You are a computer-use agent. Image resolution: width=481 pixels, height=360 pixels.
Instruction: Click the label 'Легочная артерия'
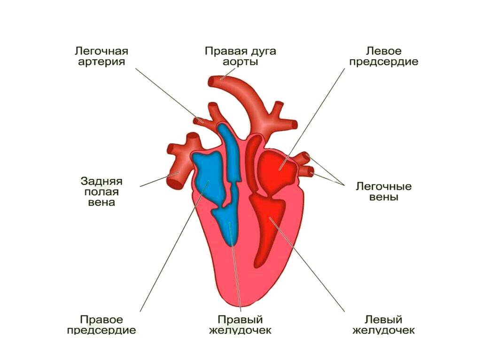tap(101, 56)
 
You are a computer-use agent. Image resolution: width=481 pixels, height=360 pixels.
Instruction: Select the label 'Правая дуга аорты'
tap(240, 56)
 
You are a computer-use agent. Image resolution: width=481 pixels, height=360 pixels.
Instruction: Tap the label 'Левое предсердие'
tap(383, 56)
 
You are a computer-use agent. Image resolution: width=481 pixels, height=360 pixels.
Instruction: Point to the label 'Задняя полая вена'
tap(101, 191)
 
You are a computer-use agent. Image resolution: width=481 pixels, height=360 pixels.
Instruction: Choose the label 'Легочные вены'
tap(383, 191)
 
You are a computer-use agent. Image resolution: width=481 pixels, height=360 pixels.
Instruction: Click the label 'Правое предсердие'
tap(101, 325)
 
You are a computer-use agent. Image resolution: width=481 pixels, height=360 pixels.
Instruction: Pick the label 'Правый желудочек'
tap(240, 325)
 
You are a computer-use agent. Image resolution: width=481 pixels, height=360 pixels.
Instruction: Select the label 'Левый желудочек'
tap(383, 325)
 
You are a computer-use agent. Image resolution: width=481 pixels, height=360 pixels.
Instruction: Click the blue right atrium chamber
tap(209, 178)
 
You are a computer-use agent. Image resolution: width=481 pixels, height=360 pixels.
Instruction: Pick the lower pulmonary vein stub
tap(308, 170)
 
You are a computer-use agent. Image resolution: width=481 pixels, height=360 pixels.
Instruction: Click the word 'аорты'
tap(240, 61)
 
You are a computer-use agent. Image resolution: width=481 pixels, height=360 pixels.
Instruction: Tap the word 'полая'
tap(101, 192)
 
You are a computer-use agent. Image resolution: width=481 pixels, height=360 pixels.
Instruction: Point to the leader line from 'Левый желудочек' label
tap(307, 265)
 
